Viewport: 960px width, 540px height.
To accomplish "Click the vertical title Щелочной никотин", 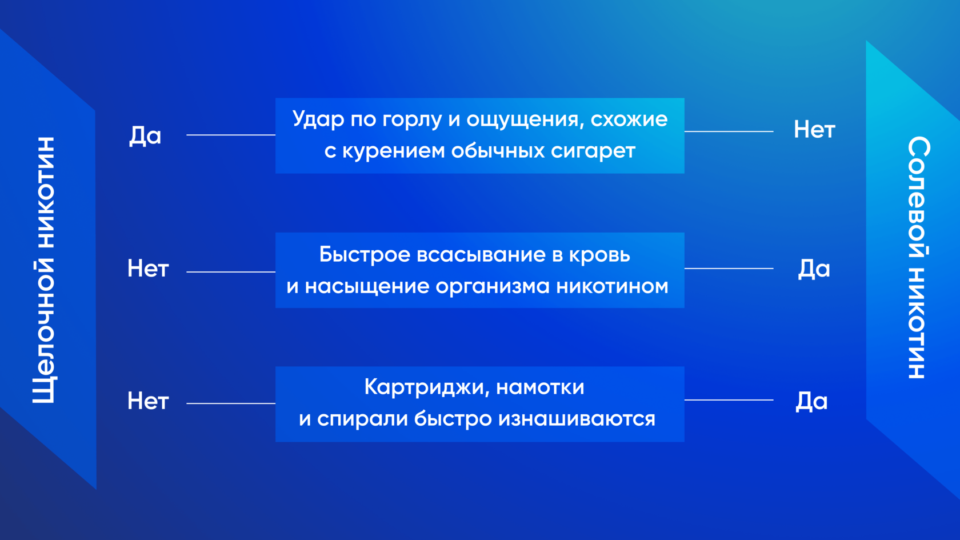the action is [43, 270].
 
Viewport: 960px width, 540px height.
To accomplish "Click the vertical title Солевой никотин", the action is [919, 257].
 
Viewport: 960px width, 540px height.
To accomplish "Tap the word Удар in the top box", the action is [318, 119].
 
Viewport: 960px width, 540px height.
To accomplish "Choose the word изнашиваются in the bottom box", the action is [577, 419].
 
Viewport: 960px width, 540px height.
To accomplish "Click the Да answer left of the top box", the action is [145, 136].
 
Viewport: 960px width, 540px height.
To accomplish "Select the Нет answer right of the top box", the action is [814, 130].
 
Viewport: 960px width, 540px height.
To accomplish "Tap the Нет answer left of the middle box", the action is [148, 269].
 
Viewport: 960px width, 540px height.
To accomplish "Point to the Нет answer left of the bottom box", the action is [148, 402].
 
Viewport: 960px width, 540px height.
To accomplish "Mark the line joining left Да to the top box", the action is [231, 135].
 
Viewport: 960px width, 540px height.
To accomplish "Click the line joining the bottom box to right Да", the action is [729, 400].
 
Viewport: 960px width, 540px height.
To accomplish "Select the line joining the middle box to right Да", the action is [729, 269].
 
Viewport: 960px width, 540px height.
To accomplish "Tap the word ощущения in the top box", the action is [526, 120].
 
